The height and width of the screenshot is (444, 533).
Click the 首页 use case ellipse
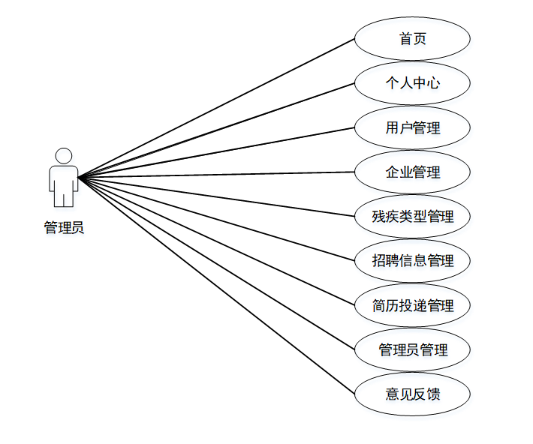pos(412,38)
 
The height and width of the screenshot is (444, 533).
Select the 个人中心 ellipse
pos(412,82)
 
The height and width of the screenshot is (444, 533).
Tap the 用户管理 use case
pos(412,127)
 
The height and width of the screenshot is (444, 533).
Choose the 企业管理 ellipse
pos(412,172)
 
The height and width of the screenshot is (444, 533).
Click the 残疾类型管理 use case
pos(412,217)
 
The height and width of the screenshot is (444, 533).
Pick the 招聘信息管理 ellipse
pos(412,261)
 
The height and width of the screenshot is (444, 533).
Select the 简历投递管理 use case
pos(412,305)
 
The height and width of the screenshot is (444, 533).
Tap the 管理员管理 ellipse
pos(412,349)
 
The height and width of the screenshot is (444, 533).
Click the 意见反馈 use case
pos(412,394)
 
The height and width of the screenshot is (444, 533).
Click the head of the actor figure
pos(64,156)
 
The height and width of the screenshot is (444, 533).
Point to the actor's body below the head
pos(64,184)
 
